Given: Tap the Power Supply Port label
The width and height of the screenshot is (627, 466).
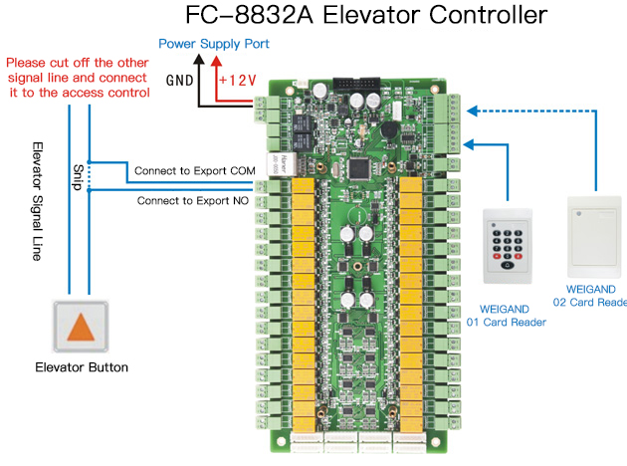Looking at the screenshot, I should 214,44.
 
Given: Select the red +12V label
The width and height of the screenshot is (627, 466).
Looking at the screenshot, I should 238,78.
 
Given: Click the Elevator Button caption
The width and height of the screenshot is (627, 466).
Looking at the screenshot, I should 82,367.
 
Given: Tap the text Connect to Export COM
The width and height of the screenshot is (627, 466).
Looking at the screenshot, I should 195,171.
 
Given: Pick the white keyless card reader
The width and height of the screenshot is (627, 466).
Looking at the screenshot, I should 594,233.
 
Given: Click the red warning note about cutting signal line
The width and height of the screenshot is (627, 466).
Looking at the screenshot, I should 79,78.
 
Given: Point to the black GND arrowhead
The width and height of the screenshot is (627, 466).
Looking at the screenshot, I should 198,59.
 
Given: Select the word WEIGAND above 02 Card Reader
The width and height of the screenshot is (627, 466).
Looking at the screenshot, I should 585,287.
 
